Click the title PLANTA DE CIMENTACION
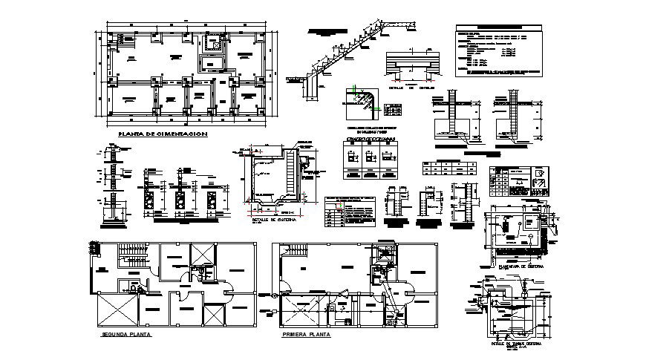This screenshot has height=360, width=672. coord(162,134)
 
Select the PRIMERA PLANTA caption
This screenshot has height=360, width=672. coord(307,335)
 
